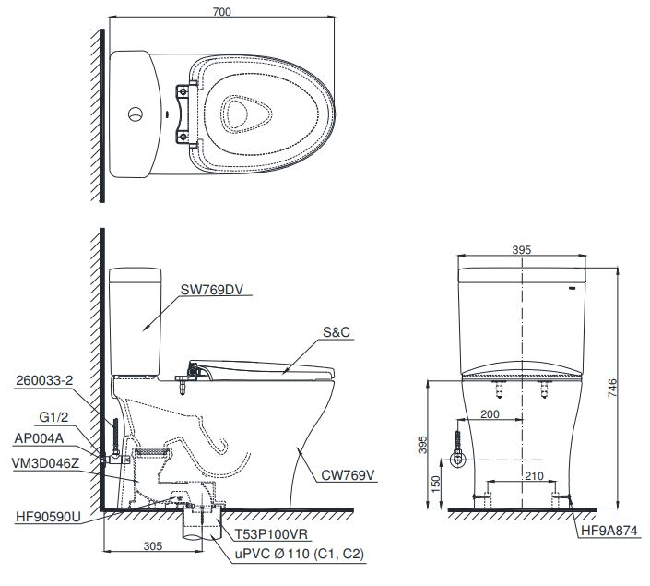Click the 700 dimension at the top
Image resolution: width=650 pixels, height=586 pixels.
(x=220, y=11)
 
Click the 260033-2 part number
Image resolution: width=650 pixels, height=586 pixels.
(x=43, y=378)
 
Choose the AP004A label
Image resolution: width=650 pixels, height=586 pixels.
(x=39, y=438)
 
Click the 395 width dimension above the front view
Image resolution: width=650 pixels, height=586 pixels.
(x=523, y=250)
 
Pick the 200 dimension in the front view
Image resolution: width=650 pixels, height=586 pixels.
(x=490, y=415)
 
